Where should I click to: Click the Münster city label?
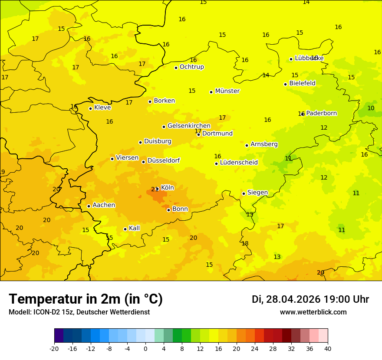tap(227, 91)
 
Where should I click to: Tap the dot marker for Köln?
tap(158, 189)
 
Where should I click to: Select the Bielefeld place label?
tap(302, 83)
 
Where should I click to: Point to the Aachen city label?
tap(104, 205)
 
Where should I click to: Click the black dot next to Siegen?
tap(244, 193)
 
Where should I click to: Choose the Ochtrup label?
tap(191, 67)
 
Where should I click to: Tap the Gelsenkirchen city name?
tap(189, 126)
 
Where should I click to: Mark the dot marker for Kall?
tap(125, 229)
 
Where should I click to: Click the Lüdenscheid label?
tap(239, 163)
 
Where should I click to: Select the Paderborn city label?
tap(321, 113)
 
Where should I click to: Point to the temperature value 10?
tap(371, 108)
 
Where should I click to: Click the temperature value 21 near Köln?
tap(154, 189)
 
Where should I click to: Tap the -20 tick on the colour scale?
tap(54, 348)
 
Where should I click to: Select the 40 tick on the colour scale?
tap(328, 348)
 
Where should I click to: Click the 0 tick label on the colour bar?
tap(145, 348)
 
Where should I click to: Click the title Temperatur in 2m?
tap(86, 299)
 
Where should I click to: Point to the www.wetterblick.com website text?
tap(313, 312)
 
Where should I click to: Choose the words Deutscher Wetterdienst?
tap(113, 312)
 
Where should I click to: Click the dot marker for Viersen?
tap(112, 159)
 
